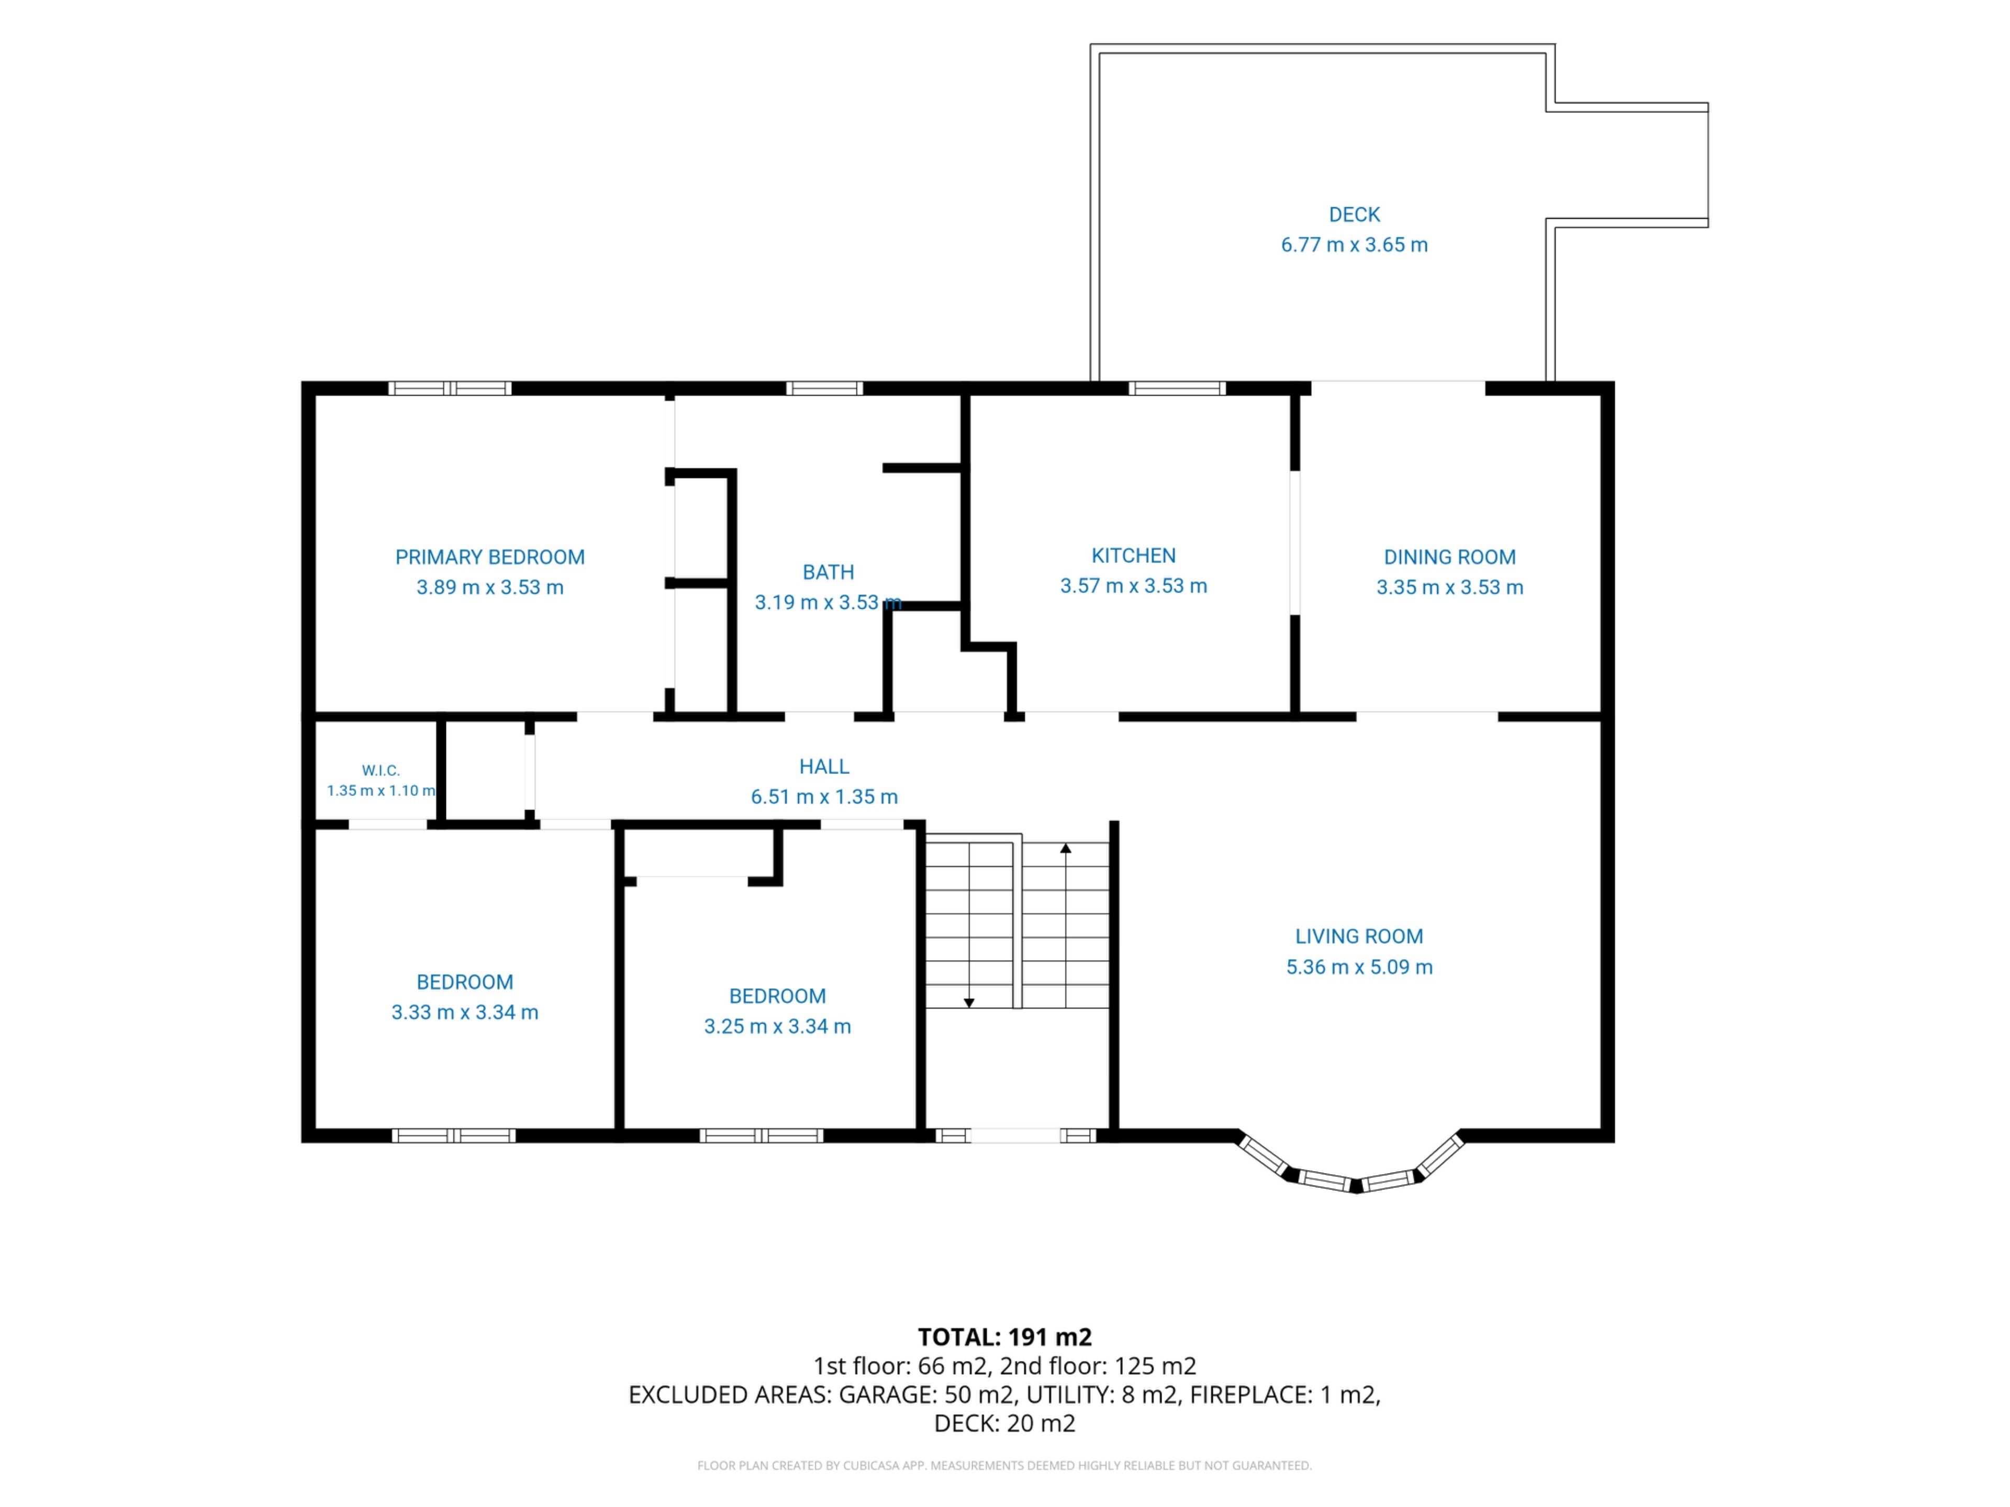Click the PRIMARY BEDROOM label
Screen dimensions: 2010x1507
(x=490, y=557)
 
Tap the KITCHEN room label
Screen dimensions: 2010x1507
(x=1133, y=555)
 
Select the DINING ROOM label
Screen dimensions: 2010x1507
(x=1449, y=557)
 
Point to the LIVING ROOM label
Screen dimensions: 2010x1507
(x=1358, y=936)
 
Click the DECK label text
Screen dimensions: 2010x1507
(x=1354, y=215)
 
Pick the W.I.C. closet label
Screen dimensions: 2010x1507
(x=381, y=770)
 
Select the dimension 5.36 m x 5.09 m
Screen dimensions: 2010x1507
(x=1358, y=966)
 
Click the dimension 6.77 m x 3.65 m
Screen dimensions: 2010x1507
(x=1354, y=244)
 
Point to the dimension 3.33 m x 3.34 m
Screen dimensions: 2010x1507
(x=464, y=1012)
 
